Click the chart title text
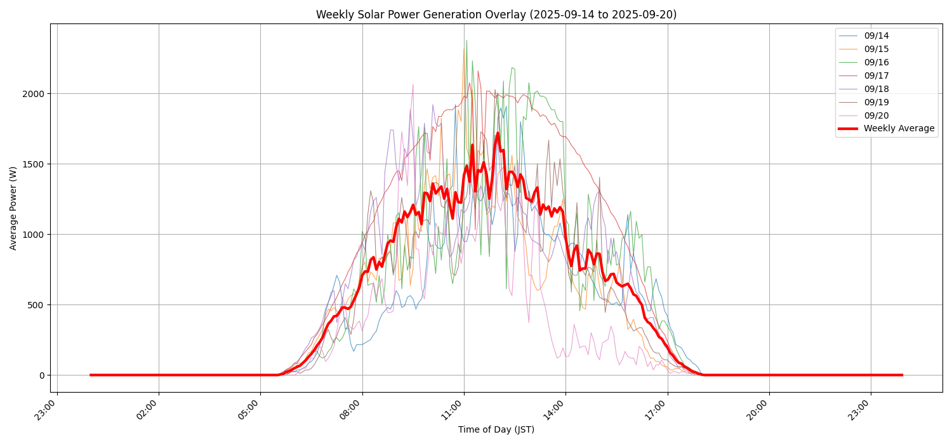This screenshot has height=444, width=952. (496, 15)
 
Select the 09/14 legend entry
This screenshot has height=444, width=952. (876, 36)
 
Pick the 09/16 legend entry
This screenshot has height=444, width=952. (876, 62)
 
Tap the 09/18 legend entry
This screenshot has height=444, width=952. (876, 89)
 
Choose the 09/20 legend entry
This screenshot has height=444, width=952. (876, 115)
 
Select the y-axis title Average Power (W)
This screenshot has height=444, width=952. (13, 208)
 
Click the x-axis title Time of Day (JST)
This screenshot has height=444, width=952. (496, 430)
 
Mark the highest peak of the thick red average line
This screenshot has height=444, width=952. (498, 133)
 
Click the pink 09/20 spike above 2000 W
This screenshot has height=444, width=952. (413, 84)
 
